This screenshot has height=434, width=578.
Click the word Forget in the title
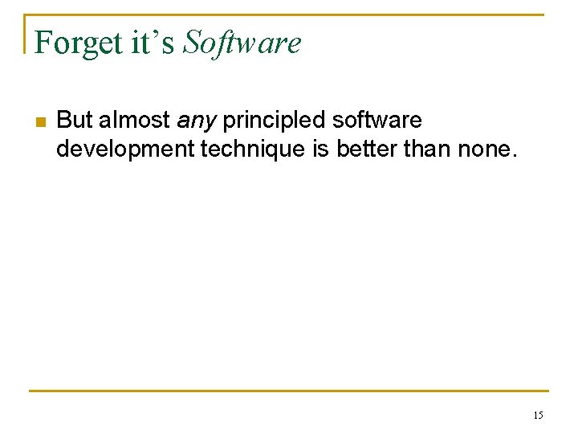click(75, 43)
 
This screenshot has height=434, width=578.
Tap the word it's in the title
click(150, 43)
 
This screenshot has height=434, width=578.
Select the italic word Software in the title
click(241, 43)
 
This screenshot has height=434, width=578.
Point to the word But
click(75, 121)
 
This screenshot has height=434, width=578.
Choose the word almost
click(134, 121)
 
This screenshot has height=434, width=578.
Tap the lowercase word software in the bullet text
click(376, 121)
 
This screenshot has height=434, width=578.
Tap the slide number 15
click(537, 416)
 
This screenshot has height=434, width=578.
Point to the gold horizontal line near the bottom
click(289, 391)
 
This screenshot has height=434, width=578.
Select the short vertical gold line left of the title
click(25, 34)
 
